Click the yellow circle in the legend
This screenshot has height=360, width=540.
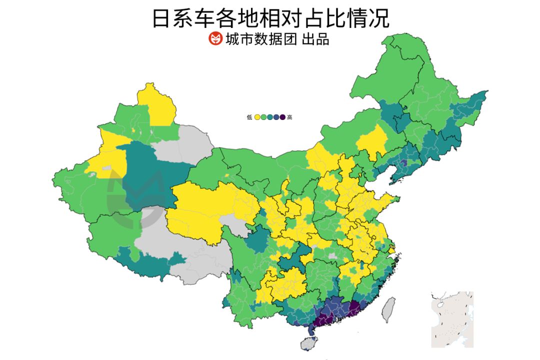pyautogui.click(x=257, y=117)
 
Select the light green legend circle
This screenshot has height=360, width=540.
pyautogui.click(x=263, y=117)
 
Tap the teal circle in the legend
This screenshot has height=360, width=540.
pyautogui.click(x=270, y=117)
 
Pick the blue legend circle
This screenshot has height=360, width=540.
pyautogui.click(x=276, y=117)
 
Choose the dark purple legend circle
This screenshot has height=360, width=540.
pyautogui.click(x=282, y=117)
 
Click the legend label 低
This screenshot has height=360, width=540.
pyautogui.click(x=249, y=117)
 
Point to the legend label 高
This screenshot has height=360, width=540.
pyautogui.click(x=290, y=117)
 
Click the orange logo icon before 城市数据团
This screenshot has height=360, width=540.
pyautogui.click(x=215, y=38)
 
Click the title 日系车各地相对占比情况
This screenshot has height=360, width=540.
pyautogui.click(x=270, y=18)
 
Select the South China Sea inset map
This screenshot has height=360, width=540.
pyautogui.click(x=452, y=319)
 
